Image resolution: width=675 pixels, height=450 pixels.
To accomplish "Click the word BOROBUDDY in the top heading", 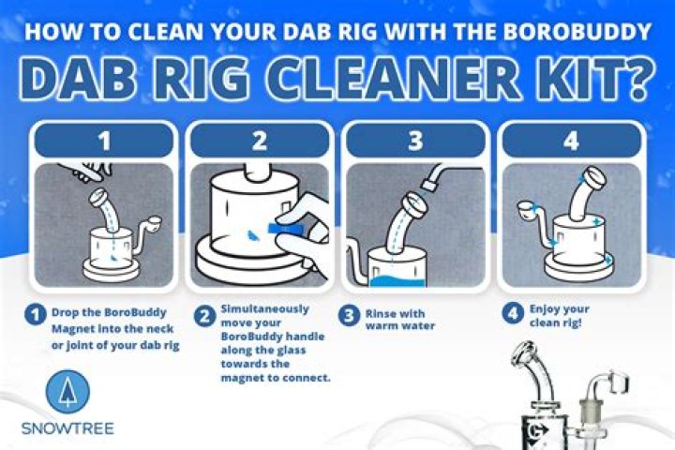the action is (x=577, y=32).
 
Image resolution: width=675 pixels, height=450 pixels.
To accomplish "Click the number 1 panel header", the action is (x=104, y=140).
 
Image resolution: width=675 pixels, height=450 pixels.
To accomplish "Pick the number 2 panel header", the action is (x=260, y=140).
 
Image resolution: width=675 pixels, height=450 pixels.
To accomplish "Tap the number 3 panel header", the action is (x=415, y=140).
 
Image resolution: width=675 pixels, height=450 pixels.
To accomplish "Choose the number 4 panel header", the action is (x=571, y=140).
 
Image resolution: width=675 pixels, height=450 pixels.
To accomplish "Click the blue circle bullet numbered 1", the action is (x=36, y=314).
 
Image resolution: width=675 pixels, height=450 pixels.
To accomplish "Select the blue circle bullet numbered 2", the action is (x=204, y=317).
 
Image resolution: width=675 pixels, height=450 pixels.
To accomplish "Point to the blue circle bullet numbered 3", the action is (x=349, y=316).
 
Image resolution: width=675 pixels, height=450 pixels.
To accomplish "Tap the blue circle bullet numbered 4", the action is (x=512, y=312).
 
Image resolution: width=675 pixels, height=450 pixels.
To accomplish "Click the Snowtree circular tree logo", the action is (x=67, y=392).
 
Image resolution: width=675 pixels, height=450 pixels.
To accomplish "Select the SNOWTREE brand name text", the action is (x=67, y=428).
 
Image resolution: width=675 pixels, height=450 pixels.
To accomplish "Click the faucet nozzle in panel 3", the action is (x=429, y=185).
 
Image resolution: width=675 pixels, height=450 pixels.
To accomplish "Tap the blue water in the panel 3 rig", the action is (x=397, y=281).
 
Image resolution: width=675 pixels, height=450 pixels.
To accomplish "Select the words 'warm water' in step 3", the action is (x=400, y=326).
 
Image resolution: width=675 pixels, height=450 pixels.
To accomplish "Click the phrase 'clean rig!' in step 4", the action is (x=555, y=322).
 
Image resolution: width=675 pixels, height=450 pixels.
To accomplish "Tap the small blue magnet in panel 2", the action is (x=253, y=234).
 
